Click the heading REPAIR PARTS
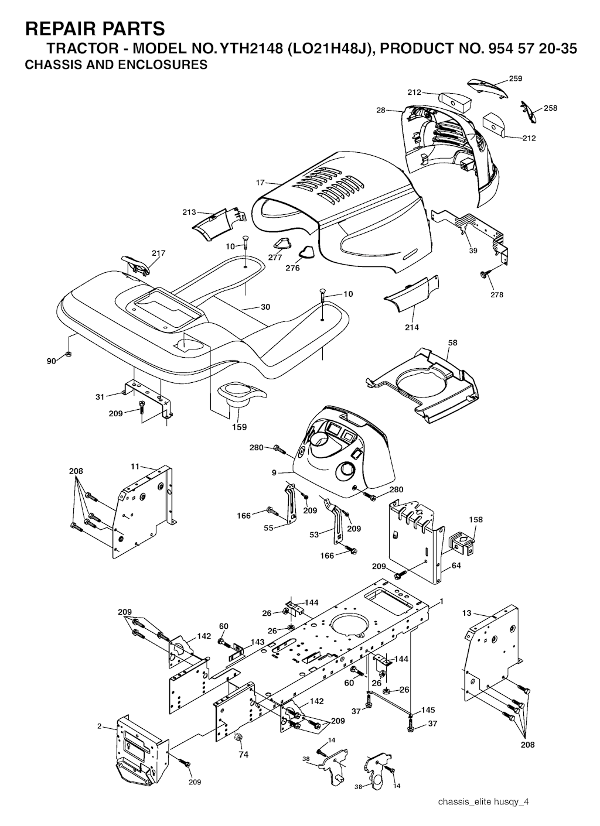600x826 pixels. pos(95,28)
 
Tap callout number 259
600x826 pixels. pos(516,78)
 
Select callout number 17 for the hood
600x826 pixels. pos(261,183)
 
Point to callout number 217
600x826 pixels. pos(158,253)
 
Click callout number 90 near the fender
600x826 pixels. pos(52,361)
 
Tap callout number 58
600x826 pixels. pos(452,342)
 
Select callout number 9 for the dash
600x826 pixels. pos(274,472)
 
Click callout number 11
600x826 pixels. pos(135,467)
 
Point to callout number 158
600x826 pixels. pos(476,519)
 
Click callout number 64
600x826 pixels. pos(456,565)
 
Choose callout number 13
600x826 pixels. pos(466,613)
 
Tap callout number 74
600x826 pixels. pos(243,755)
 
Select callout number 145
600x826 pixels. pos(428,710)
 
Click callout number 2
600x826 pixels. pos(100,726)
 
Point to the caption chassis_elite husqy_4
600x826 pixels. pos(483,801)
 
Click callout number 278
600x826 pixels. pos(497,294)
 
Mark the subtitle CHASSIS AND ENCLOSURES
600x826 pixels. pos(116,65)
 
